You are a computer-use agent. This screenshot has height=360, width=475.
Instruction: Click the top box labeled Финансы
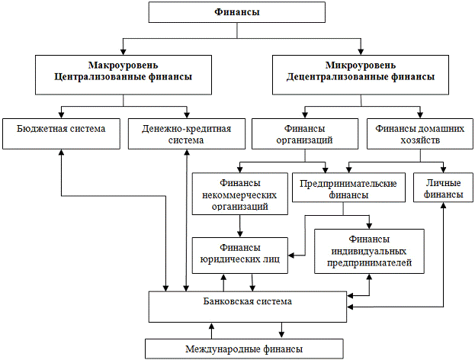point(237,13)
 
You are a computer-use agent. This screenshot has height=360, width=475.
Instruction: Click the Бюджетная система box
point(60,132)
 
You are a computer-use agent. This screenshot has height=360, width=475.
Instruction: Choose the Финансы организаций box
point(304,133)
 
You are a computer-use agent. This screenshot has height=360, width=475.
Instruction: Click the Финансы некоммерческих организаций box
point(240,194)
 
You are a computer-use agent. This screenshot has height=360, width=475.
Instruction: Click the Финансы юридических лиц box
point(240,254)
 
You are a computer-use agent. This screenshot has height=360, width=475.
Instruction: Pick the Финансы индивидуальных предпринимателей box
point(367,251)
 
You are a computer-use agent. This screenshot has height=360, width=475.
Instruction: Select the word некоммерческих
point(240,194)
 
